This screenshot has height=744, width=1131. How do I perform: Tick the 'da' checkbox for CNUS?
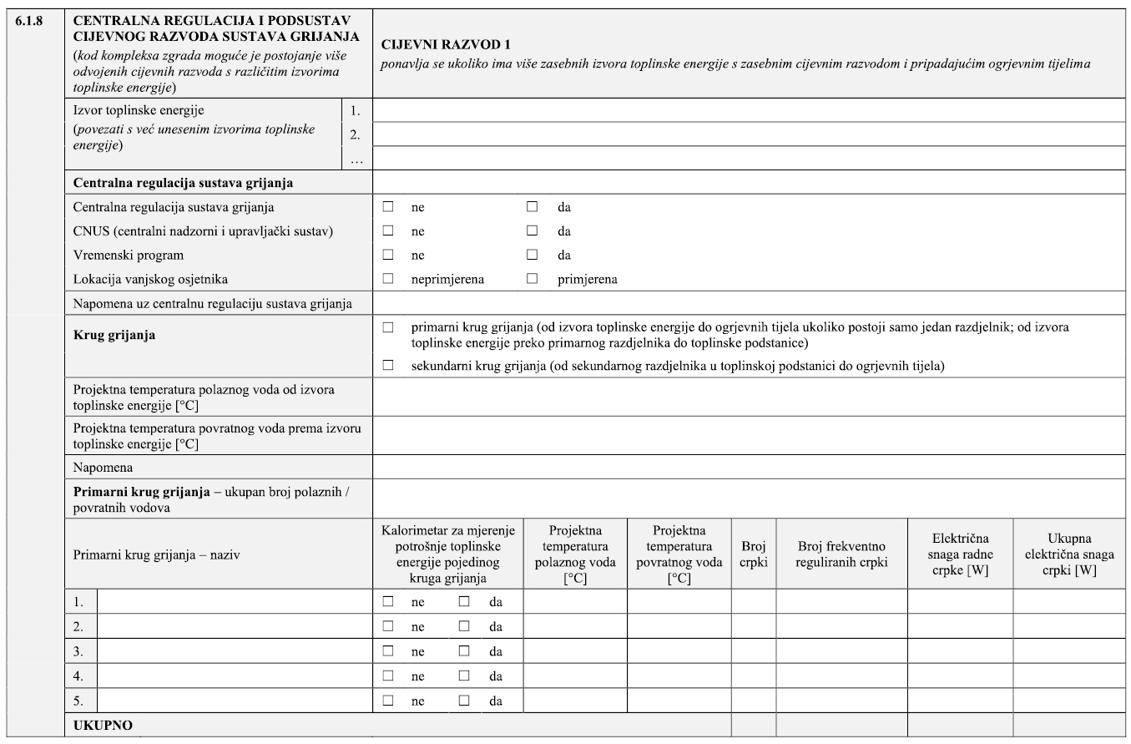[532, 231]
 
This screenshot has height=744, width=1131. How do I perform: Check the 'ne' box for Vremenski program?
[387, 255]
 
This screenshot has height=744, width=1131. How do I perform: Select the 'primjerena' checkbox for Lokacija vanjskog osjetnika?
[532, 279]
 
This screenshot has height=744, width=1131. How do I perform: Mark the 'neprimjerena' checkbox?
[387, 279]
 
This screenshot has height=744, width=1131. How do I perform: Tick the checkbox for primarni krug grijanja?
[387, 328]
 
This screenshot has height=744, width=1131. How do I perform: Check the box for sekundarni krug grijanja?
[387, 365]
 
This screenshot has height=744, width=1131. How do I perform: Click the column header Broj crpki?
[754, 554]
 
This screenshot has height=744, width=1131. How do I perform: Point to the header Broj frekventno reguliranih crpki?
[841, 554]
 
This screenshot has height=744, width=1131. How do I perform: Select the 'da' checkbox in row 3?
[463, 651]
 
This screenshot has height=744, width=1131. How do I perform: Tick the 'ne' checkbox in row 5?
[387, 701]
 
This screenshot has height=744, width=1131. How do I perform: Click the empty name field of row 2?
[235, 626]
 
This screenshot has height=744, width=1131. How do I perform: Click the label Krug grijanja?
[115, 336]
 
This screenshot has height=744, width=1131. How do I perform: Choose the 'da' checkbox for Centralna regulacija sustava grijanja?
[532, 206]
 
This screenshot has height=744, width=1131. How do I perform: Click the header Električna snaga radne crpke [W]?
[960, 554]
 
